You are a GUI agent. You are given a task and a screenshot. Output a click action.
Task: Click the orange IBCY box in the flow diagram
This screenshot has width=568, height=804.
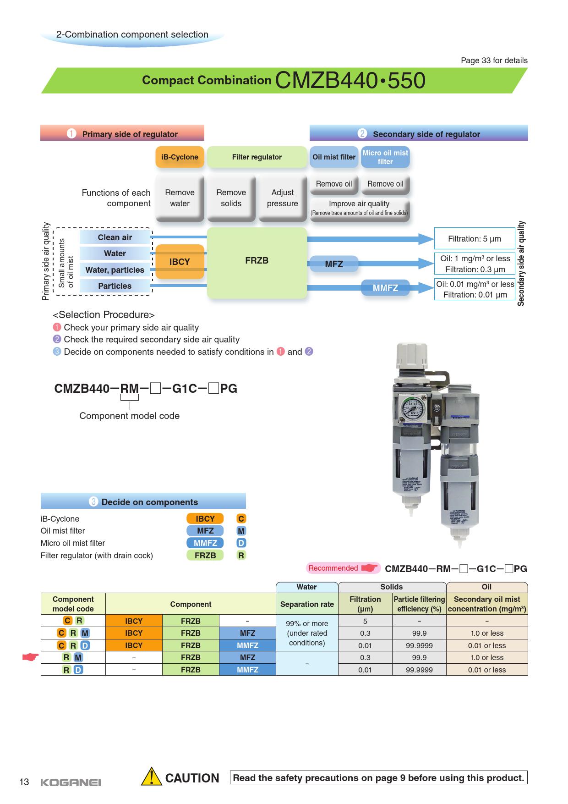click(180, 262)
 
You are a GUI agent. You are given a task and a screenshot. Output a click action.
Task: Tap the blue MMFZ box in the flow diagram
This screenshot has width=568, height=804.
click(385, 288)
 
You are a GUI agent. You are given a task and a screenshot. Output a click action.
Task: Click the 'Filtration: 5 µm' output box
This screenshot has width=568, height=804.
click(474, 239)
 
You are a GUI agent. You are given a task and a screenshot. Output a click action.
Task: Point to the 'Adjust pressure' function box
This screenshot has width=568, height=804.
click(282, 198)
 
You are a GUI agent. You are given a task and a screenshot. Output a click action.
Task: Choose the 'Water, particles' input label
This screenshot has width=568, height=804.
click(115, 270)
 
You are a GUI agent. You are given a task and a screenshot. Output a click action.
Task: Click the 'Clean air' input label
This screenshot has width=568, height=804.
click(115, 237)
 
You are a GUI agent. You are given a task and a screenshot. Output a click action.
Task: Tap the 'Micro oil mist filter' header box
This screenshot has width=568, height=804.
click(385, 157)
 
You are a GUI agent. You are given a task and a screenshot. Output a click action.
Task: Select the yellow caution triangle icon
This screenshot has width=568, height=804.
click(151, 778)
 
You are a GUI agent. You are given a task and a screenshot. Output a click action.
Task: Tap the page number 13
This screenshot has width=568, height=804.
click(24, 782)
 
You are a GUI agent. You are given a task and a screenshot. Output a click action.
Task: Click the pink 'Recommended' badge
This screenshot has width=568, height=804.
click(333, 568)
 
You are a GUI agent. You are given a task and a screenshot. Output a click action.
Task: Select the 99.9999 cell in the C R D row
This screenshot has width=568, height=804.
click(419, 645)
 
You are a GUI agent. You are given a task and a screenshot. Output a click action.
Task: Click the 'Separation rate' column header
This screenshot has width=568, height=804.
click(307, 604)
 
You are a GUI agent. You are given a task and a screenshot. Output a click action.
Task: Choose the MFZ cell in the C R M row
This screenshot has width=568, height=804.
click(247, 633)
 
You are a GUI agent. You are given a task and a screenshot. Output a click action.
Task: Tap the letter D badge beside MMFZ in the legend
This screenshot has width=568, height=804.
click(241, 543)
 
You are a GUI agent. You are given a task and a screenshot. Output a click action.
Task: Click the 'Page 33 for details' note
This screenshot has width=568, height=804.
click(494, 61)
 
